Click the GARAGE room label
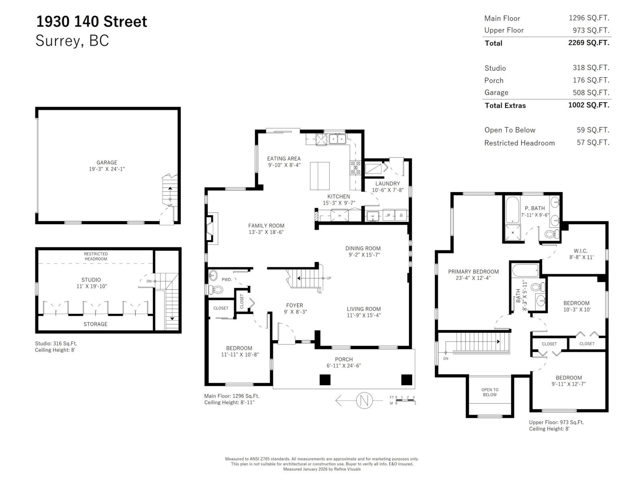(107, 163)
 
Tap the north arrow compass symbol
(364, 400)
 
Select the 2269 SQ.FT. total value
(588, 43)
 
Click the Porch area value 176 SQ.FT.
(591, 80)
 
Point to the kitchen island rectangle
(320, 176)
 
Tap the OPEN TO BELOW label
(490, 392)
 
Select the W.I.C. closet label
(580, 251)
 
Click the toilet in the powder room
(216, 289)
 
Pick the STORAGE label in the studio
(95, 324)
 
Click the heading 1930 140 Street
(92, 21)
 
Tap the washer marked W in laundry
(389, 215)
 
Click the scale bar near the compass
(405, 400)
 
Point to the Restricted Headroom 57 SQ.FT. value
(592, 142)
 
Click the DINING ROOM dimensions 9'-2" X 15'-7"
(364, 255)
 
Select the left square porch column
(325, 380)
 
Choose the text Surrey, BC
(72, 41)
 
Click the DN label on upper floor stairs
(446, 358)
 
